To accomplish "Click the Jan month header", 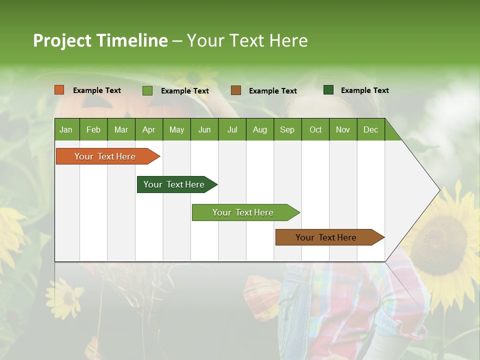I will (x=66, y=129).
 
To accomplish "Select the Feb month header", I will (x=93, y=129).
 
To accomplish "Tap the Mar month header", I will (x=121, y=129).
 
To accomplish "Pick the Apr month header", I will (x=148, y=129).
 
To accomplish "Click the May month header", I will (x=176, y=129).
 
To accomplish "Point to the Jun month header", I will (x=204, y=129).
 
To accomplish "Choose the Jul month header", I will (x=232, y=129).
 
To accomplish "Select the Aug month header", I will (x=260, y=129).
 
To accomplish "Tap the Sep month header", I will (x=287, y=129).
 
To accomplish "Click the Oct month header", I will (x=315, y=129).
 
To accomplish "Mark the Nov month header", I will (x=343, y=129).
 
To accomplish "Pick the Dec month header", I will (x=371, y=129).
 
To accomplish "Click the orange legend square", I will (x=59, y=90).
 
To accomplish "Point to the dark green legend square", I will (x=328, y=90).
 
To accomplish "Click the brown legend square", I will (x=236, y=90).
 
